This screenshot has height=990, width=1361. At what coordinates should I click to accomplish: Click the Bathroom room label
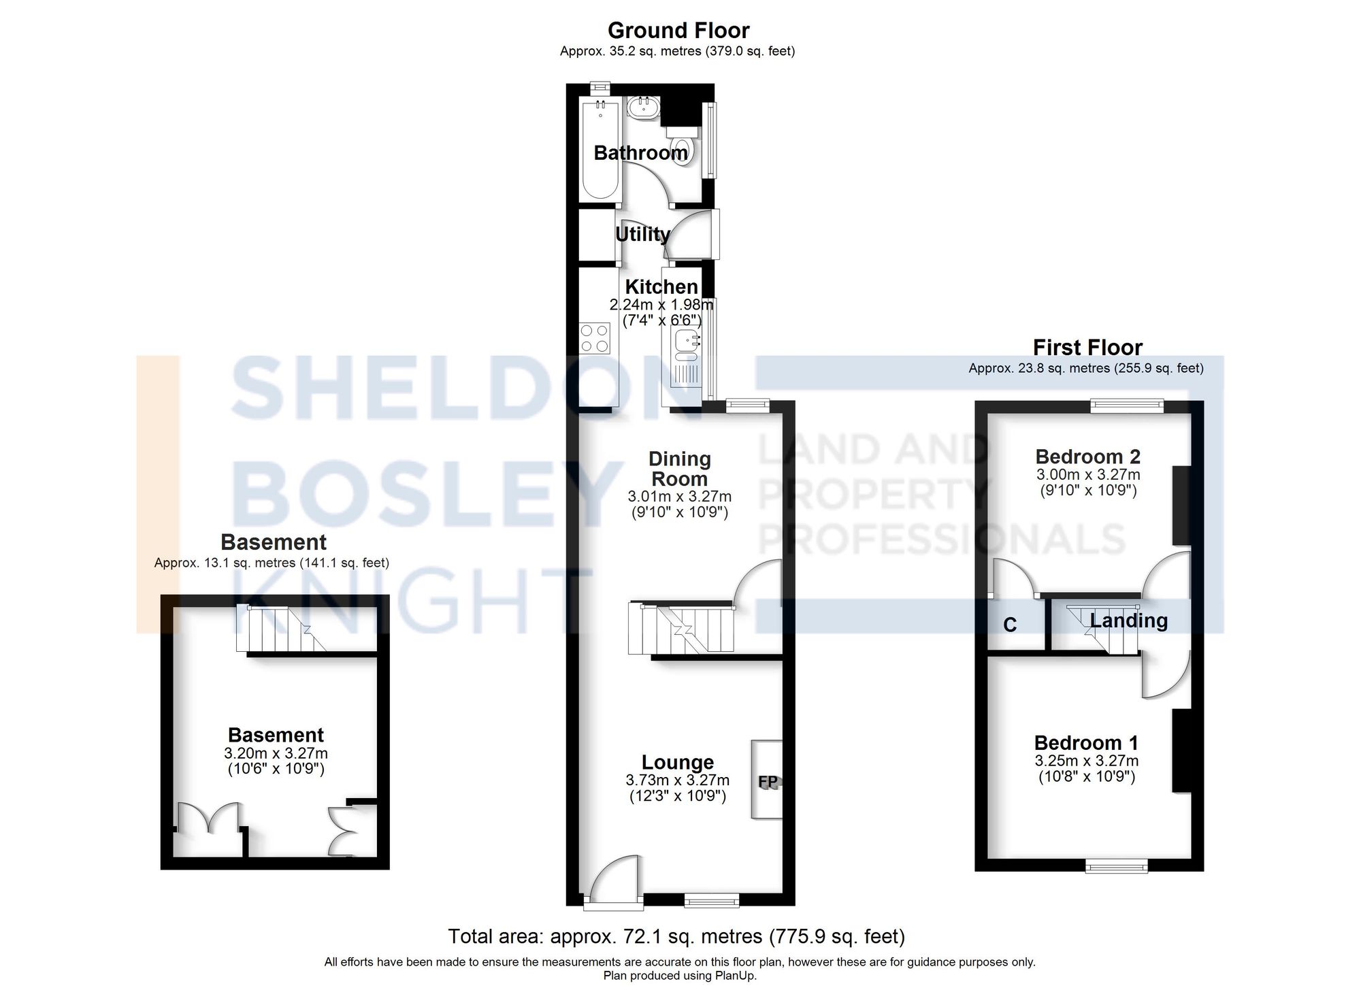coord(640,153)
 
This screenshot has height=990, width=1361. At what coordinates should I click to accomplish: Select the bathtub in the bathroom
coord(600,150)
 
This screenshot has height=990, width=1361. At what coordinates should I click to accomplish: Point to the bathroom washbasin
coord(642,108)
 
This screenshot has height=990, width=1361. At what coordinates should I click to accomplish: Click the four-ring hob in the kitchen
coord(594,338)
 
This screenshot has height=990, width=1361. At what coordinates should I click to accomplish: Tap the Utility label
coord(642,234)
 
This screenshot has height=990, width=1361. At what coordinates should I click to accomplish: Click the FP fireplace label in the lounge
coord(768,782)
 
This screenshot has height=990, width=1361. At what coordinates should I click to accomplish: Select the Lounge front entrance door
coord(614,885)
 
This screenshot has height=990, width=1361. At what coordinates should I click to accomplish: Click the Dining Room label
coord(680,469)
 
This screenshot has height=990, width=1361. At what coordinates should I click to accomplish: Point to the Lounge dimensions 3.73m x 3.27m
coord(678,780)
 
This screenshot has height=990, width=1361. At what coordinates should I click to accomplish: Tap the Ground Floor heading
coord(678,31)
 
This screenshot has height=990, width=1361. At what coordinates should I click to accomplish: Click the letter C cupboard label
coord(1010,625)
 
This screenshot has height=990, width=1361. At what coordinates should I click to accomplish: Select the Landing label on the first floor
coord(1128,621)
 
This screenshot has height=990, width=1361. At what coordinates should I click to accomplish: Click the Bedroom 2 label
coord(1087,457)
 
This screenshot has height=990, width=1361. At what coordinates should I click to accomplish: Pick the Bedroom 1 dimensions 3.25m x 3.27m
coord(1087,761)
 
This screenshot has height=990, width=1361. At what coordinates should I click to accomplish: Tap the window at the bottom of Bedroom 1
coord(1116,866)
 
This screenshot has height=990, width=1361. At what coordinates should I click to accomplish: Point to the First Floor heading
coord(1087,348)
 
